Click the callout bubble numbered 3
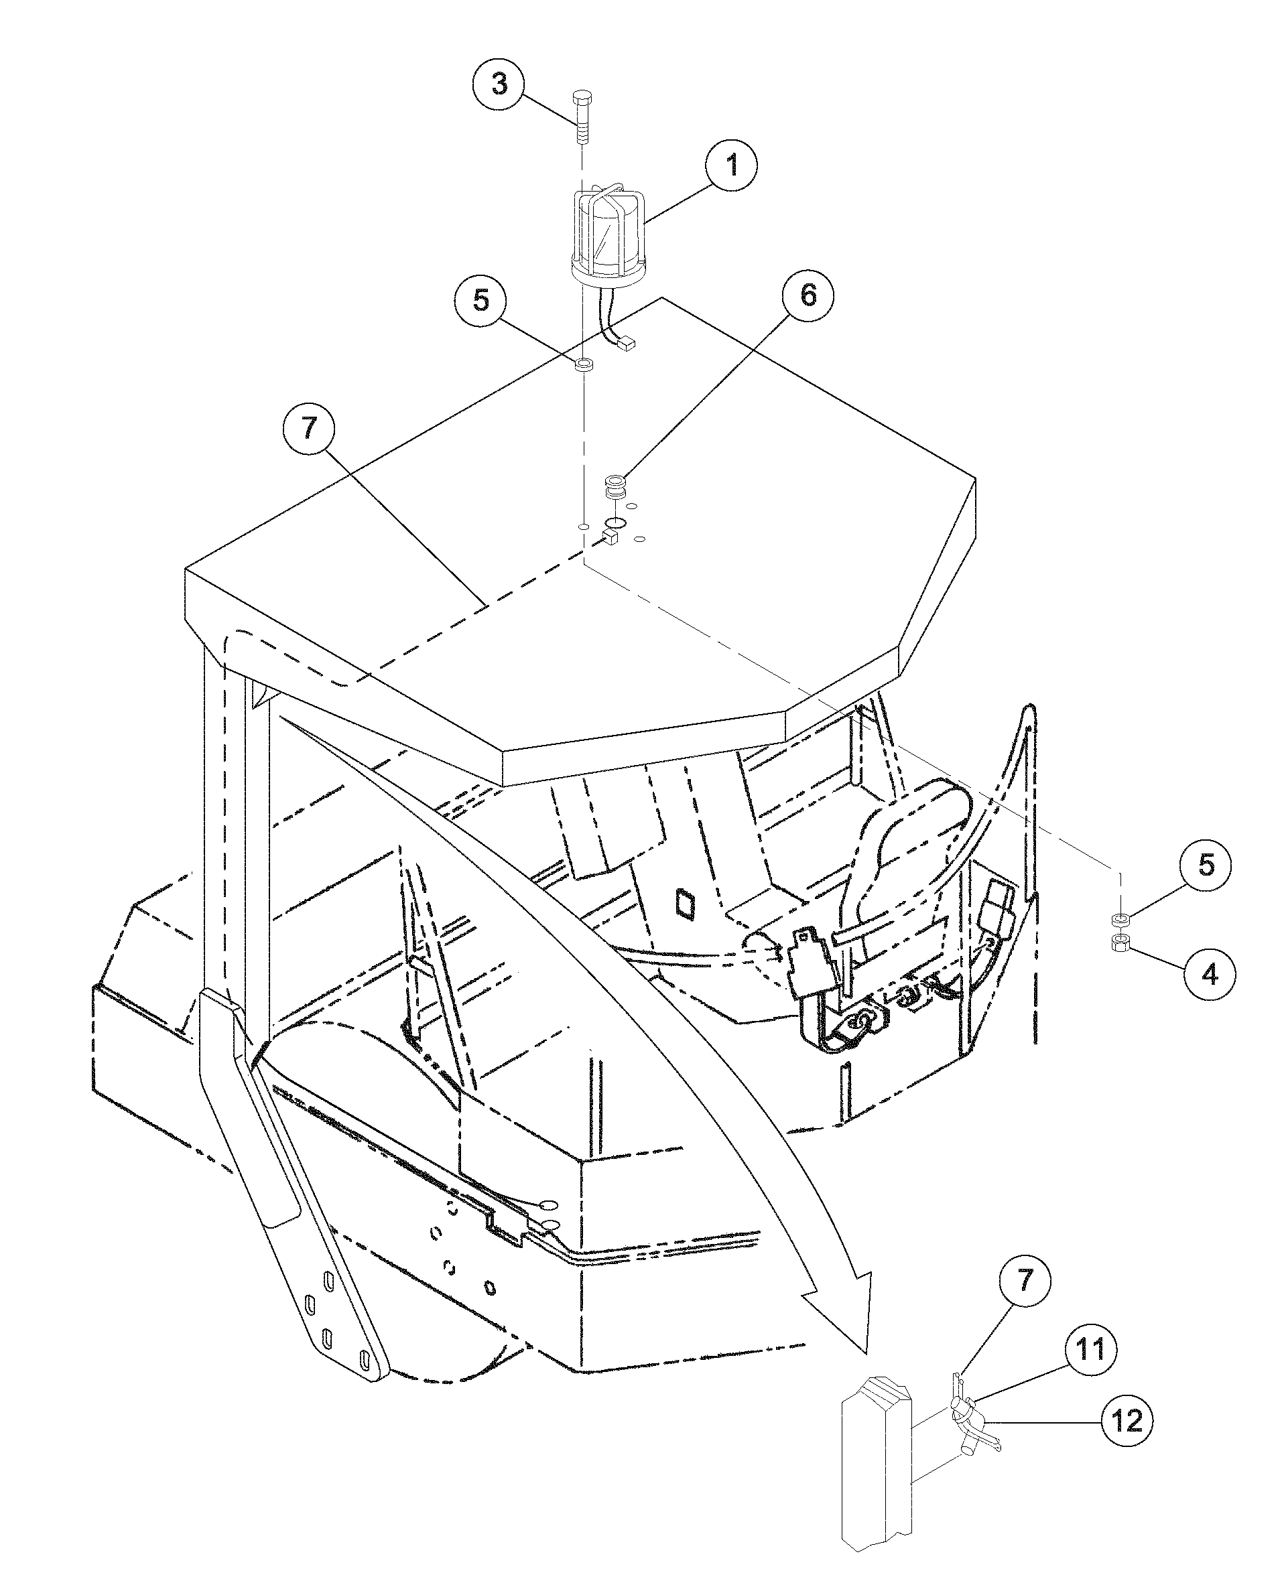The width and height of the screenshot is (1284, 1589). (500, 84)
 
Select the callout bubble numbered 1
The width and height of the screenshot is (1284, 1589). (732, 165)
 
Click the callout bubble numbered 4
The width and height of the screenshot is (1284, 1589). (1210, 975)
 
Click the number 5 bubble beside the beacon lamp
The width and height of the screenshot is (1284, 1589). (481, 301)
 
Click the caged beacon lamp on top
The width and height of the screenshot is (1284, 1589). (608, 235)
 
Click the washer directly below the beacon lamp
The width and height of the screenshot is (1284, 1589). (584, 364)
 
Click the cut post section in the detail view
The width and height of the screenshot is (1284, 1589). (879, 1479)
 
